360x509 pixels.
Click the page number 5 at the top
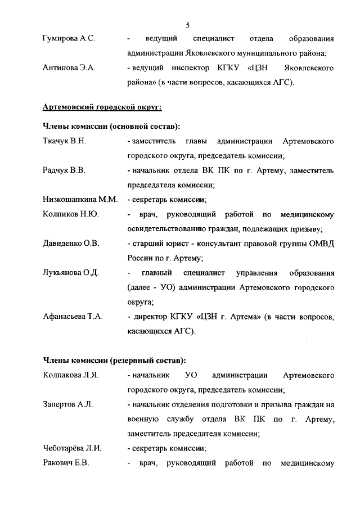tap(187, 25)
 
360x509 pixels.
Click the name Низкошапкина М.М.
tap(79, 199)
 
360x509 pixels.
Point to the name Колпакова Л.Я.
tap(71, 375)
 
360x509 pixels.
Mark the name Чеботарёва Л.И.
tap(72, 449)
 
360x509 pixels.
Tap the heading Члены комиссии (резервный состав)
tap(114, 360)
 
